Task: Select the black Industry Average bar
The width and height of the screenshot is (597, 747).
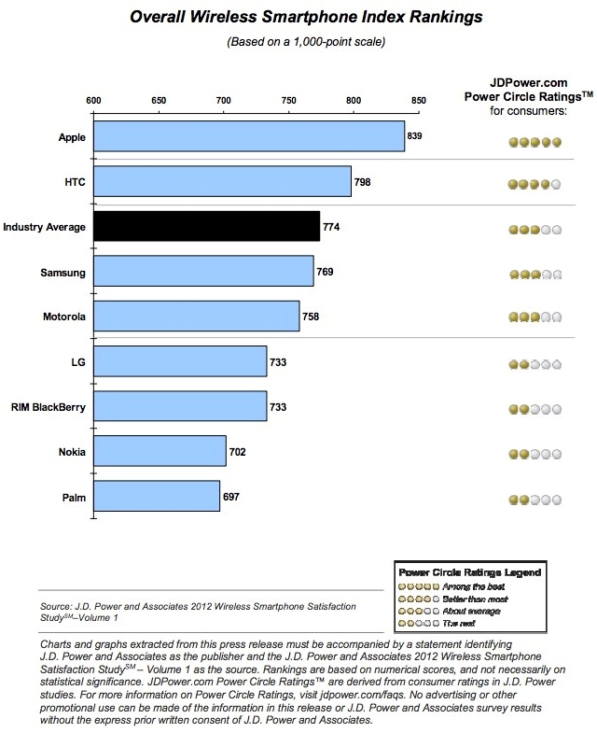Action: (206, 227)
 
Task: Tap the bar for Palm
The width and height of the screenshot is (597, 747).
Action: (157, 497)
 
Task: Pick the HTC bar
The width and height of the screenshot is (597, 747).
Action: (222, 181)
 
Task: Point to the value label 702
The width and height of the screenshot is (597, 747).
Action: (237, 452)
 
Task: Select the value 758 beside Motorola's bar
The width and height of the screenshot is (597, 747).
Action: (311, 317)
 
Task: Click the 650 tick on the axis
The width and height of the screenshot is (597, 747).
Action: (159, 101)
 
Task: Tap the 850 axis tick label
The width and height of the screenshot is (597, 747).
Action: (418, 101)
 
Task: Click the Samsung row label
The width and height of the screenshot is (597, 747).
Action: (63, 272)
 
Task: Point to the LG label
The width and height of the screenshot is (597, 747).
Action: (77, 362)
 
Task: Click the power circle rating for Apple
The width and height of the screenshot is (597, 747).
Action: (535, 143)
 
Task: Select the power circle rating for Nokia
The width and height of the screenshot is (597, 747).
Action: (535, 455)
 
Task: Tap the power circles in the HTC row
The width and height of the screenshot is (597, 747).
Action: (535, 185)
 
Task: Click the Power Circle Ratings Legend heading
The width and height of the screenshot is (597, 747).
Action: (469, 571)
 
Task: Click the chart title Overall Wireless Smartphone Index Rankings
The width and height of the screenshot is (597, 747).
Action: (298, 18)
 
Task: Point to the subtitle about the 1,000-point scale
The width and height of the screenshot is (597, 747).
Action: (298, 43)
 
